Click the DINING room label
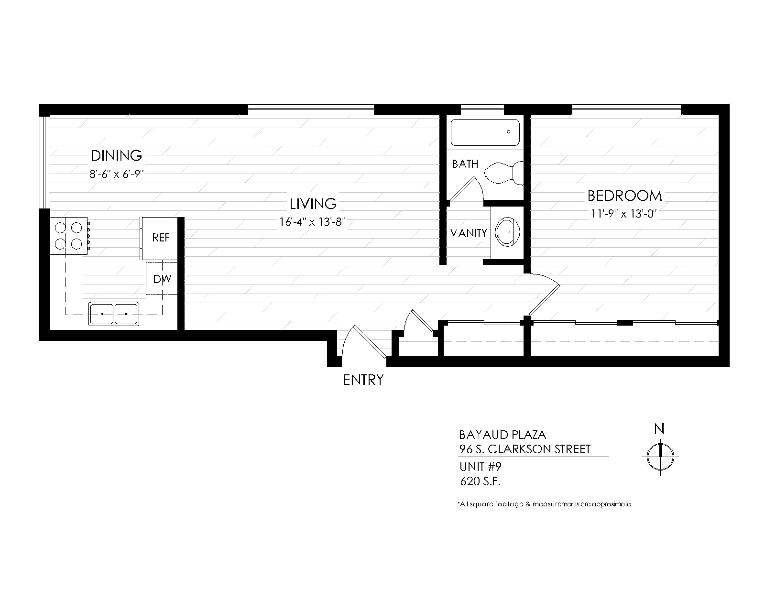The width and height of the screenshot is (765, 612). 116,156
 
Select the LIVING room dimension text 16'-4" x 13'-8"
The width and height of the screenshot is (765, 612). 312,222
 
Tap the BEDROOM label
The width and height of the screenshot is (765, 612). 624,196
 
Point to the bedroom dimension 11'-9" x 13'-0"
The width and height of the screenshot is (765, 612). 624,214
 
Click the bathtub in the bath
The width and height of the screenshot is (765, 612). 485,132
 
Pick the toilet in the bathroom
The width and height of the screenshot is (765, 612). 504,173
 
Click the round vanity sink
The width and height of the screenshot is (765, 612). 507,232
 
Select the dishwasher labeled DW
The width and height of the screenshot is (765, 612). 162,279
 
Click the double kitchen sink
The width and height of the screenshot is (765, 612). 114,314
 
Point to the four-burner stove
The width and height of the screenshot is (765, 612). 69,236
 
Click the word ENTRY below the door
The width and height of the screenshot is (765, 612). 363,380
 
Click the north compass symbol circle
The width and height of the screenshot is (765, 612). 660,457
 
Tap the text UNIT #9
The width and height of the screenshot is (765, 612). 480,467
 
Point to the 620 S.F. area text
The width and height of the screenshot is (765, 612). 480,481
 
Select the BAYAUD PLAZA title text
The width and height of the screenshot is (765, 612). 503,435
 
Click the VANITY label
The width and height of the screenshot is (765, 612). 469,233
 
